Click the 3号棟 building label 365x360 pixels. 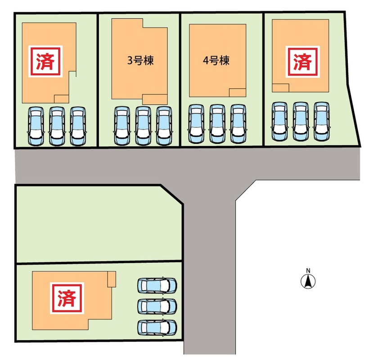pos(140,60)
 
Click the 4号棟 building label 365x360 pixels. pos(216,60)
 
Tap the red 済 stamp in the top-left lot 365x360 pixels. pos(45,62)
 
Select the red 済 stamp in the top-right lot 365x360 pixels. pos(302,62)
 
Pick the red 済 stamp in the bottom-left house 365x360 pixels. pos(67,298)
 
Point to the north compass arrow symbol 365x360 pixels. pos(308,281)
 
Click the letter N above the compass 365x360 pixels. pos(308,270)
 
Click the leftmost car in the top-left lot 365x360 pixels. pos(36,126)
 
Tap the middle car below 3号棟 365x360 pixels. pos(143,126)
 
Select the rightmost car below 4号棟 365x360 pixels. pos(239,124)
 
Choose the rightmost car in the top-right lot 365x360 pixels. pos(321,121)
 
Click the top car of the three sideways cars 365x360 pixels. pos(157,286)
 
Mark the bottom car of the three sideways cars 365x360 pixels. pos(157,328)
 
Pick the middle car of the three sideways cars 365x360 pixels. pos(157,306)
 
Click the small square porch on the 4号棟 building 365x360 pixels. pos(238,93)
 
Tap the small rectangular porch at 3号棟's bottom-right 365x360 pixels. pos(155,99)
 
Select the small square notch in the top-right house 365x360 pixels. pos(280,88)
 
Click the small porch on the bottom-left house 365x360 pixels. pos(112,279)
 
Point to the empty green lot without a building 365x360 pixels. pos(99,223)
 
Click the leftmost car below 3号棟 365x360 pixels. pos(122,126)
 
